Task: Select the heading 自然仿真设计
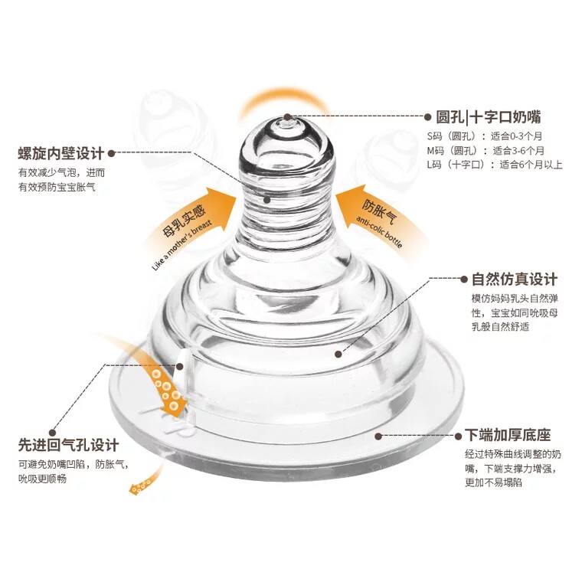pos(515,279)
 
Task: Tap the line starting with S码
pos(475,136)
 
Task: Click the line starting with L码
pos(494,164)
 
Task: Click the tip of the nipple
pos(286,120)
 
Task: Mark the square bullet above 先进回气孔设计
pos(51,430)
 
